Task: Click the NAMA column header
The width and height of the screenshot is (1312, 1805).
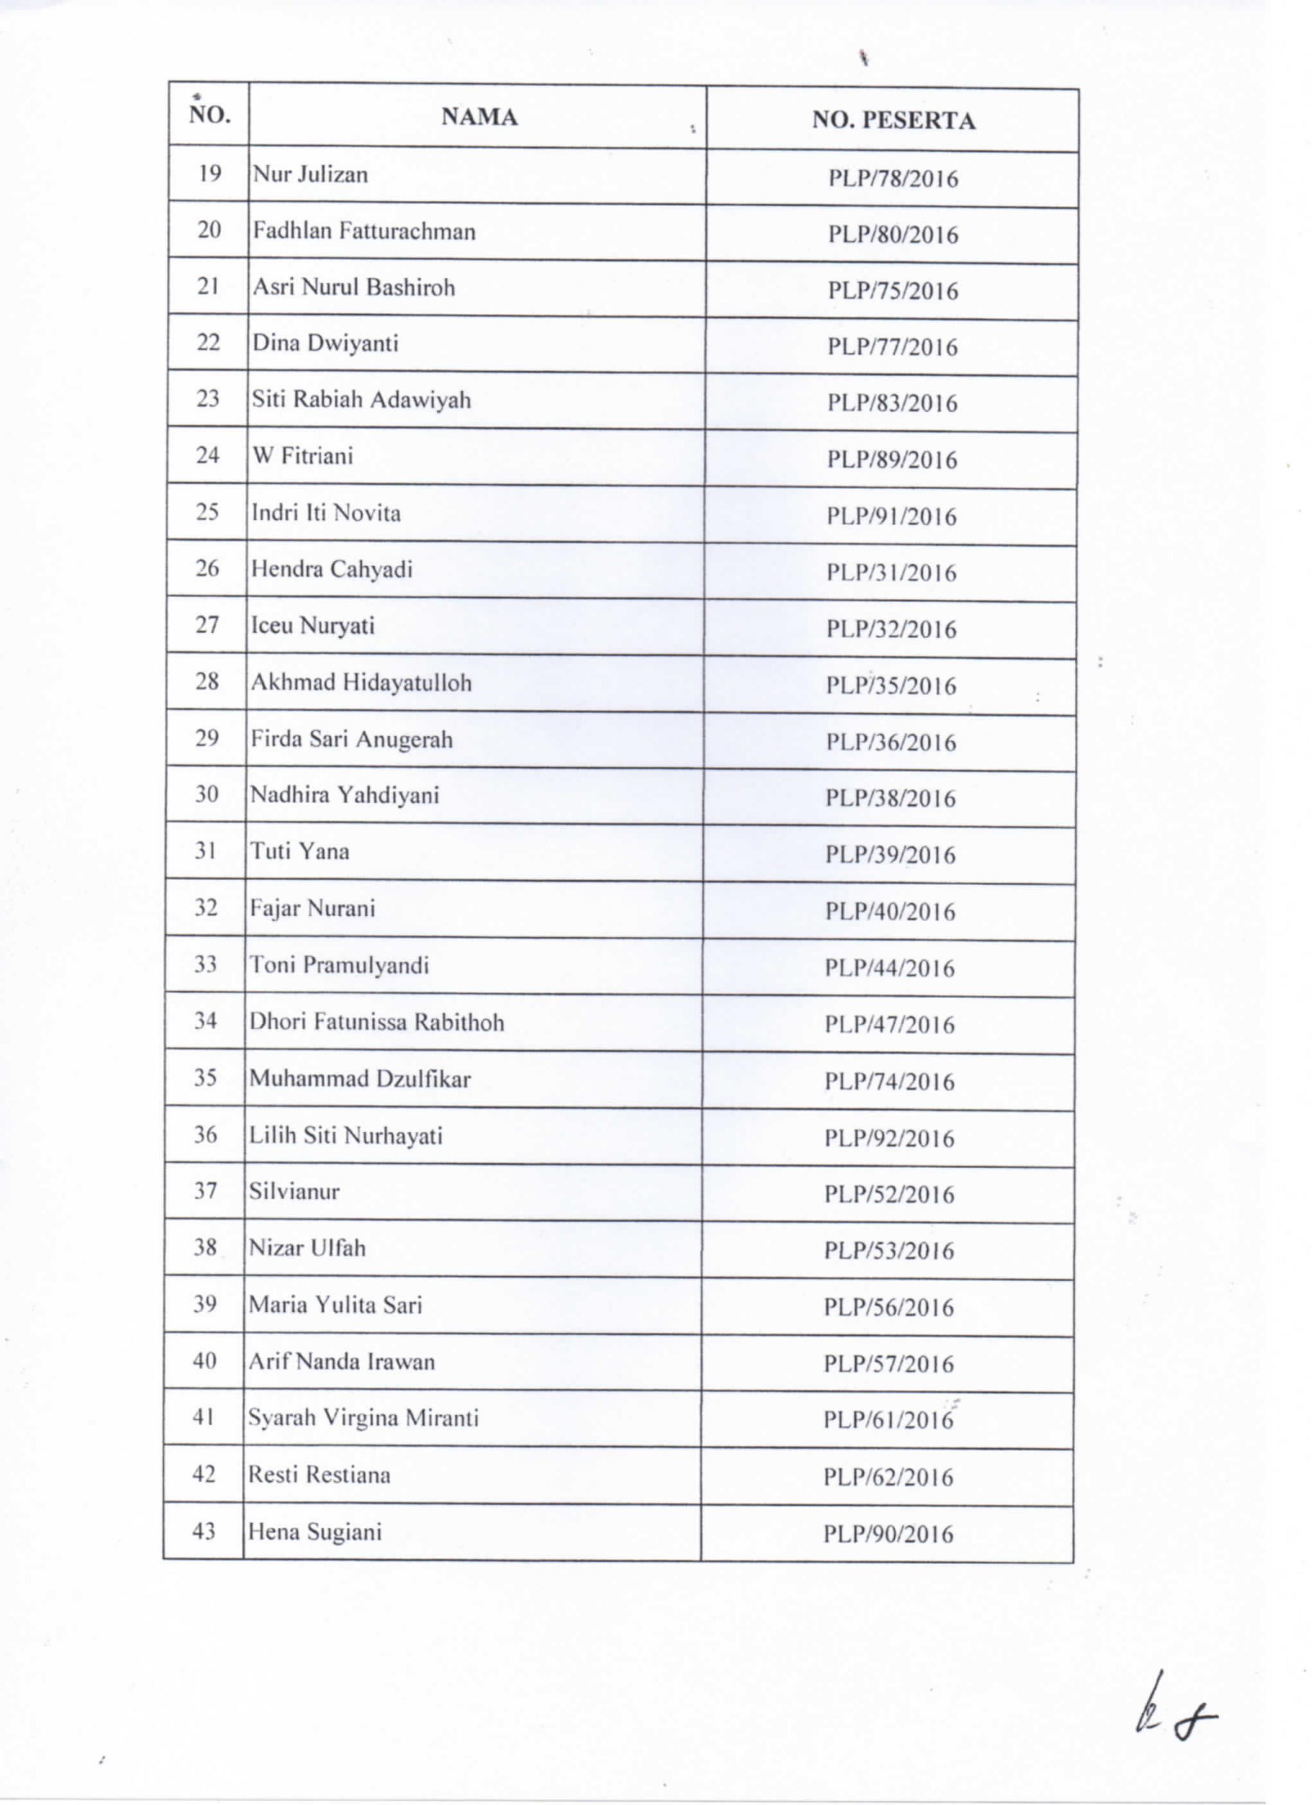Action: (479, 118)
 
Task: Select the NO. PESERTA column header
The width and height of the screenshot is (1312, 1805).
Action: (893, 121)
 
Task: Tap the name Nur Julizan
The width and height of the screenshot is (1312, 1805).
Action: (310, 174)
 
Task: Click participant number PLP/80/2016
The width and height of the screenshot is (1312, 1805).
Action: (893, 235)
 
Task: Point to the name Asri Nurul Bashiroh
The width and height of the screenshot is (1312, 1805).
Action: (353, 288)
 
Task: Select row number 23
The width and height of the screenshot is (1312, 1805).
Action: (207, 398)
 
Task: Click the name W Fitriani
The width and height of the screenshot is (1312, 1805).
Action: (303, 456)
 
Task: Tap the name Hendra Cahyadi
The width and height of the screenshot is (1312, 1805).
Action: (332, 569)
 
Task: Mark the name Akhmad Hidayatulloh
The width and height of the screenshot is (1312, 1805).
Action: (361, 682)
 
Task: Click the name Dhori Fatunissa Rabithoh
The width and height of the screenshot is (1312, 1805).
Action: (377, 1022)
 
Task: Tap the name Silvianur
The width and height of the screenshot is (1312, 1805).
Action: (294, 1191)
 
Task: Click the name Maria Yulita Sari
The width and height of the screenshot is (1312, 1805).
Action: (335, 1304)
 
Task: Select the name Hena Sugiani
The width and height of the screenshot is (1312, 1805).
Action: (314, 1532)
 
